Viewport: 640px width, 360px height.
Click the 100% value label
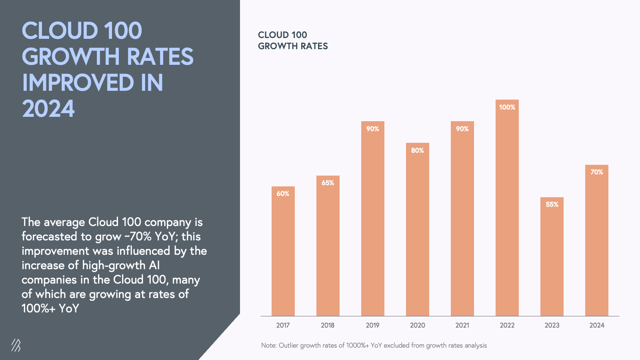tap(507, 107)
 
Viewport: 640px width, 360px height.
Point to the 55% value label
tap(552, 204)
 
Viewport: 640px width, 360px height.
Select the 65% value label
tap(328, 183)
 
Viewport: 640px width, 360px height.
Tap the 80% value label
tap(418, 150)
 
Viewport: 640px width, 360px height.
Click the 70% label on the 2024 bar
tap(597, 172)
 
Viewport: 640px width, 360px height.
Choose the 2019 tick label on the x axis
tap(372, 325)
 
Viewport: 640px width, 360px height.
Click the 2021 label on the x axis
tap(462, 325)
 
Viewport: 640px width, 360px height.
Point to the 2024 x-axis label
tap(597, 325)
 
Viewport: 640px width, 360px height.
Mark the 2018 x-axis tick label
tap(328, 325)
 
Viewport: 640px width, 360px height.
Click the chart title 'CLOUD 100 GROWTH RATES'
tap(293, 40)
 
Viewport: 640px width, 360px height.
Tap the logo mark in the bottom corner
tap(16, 345)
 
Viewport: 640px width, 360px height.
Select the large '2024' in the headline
tap(48, 109)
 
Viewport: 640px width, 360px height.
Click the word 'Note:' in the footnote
tap(269, 345)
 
